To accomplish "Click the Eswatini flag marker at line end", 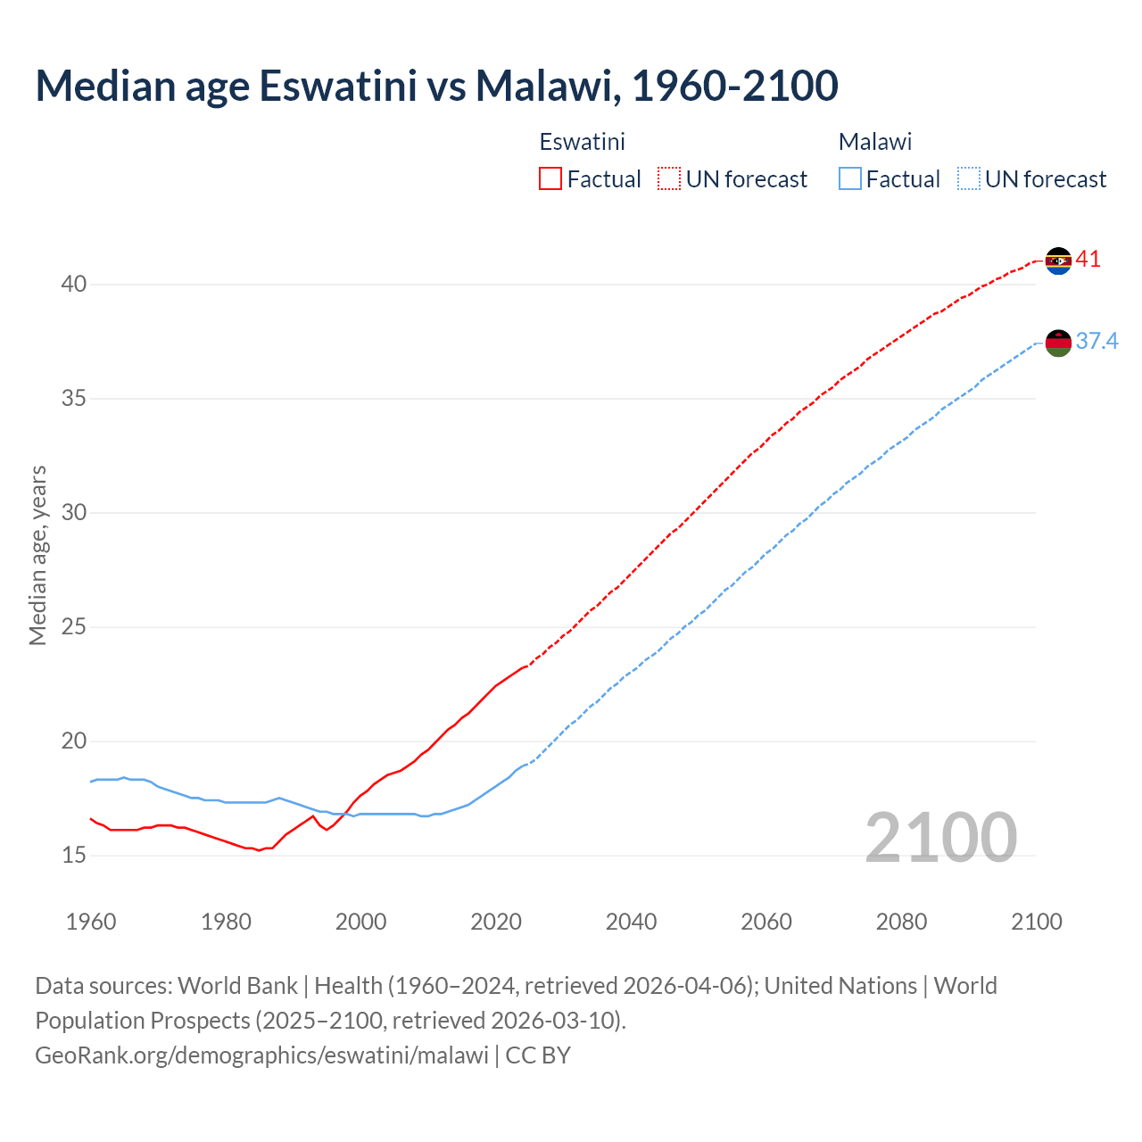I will (1058, 261).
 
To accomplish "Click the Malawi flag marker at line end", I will (1058, 343).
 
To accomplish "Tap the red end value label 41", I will (1088, 260).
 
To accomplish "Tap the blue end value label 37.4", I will (1096, 342).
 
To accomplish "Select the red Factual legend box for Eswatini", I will (550, 179).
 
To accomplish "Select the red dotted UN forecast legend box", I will (669, 179).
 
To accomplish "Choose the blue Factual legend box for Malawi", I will (850, 179).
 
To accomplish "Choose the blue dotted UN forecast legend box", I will (968, 179).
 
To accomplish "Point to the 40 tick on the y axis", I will (74, 285).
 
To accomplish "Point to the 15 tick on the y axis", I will (74, 856).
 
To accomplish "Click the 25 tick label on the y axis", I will (74, 627).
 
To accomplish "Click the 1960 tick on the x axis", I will (91, 922).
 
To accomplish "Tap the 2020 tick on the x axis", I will (496, 922).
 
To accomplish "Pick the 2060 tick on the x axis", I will (766, 922).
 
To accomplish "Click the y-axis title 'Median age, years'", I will (38, 555).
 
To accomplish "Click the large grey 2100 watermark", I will (940, 837).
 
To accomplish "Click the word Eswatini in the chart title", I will (337, 86).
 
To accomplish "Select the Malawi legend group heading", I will (875, 142).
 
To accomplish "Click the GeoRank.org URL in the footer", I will (261, 1055).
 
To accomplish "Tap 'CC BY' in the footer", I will (538, 1055).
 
